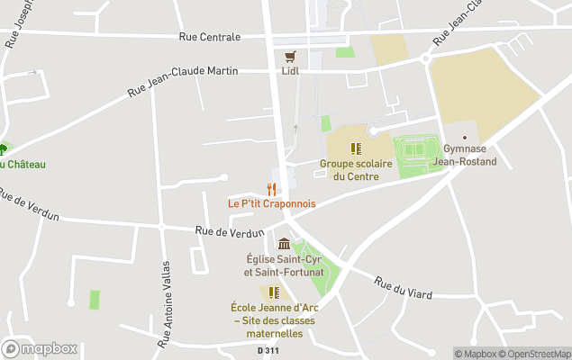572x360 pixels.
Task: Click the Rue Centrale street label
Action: pyautogui.click(x=210, y=37)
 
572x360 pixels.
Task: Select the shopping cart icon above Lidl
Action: pyautogui.click(x=290, y=55)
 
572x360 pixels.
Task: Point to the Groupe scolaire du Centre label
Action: pyautogui.click(x=355, y=170)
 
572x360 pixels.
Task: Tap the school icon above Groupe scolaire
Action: pyautogui.click(x=355, y=148)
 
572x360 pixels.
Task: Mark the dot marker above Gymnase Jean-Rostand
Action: pyautogui.click(x=465, y=137)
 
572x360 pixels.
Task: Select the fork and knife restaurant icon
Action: pyautogui.click(x=271, y=188)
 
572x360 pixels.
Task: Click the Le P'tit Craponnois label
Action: pyautogui.click(x=271, y=203)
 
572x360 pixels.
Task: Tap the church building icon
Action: pyautogui.click(x=285, y=244)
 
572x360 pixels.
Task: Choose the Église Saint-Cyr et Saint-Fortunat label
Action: pyautogui.click(x=285, y=265)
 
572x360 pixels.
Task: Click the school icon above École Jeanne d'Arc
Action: pyautogui.click(x=273, y=292)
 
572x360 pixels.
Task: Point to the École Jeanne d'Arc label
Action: pyautogui.click(x=274, y=319)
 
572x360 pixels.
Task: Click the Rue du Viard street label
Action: pyautogui.click(x=403, y=288)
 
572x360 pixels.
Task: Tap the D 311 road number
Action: pyautogui.click(x=267, y=350)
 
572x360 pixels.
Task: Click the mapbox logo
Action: pyautogui.click(x=40, y=348)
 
